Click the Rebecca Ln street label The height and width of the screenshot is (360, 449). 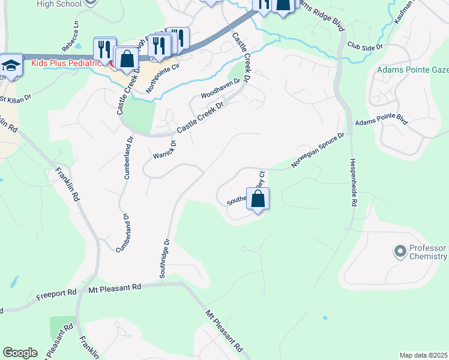pos(70,37)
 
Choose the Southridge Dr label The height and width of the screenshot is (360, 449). pos(165,258)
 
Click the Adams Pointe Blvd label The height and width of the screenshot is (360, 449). pos(381,121)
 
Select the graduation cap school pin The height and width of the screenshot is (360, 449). pos(10,65)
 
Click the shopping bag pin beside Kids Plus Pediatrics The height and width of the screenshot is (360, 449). pos(127,59)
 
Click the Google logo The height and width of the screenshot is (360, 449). pos(20,353)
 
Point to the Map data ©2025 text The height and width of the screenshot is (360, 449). pos(423,355)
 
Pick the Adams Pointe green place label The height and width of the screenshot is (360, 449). pos(412,70)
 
